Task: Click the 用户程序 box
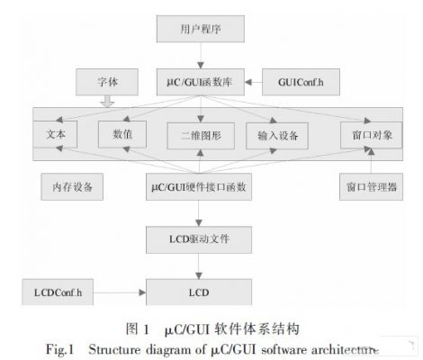pos(201,29)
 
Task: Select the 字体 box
pos(107,82)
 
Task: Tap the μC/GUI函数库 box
pos(201,82)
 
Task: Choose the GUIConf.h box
pos(301,82)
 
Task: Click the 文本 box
pos(55,134)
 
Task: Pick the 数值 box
pos(122,134)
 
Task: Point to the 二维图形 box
pos(201,136)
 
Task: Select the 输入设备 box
pos(277,136)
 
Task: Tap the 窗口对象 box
pos(371,135)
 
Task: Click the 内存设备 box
pos(72,186)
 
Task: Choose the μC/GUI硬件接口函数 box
pos(199,186)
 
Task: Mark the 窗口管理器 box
pos(371,186)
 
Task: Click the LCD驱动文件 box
pos(199,239)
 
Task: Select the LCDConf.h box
pos(58,292)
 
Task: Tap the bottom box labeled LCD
pos(199,292)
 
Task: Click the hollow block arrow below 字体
pos(107,102)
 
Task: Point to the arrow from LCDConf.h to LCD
pos(120,292)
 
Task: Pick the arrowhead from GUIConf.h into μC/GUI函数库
pos(248,82)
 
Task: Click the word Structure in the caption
pos(114,350)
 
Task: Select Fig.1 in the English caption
pos(59,350)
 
